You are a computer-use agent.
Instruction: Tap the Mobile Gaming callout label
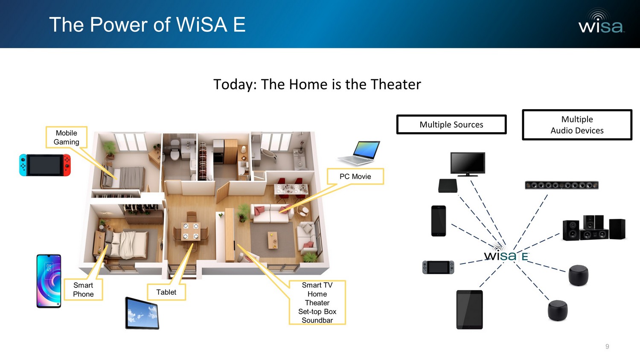67,137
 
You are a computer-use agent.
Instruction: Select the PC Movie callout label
355,177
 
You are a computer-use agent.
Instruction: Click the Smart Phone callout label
83,290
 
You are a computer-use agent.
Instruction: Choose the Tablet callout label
166,292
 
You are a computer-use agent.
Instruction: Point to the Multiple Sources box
451,125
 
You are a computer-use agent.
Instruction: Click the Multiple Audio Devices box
577,125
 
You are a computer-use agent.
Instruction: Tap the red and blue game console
45,165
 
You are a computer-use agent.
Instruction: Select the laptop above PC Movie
360,154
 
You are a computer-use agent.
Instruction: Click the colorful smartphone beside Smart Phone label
49,281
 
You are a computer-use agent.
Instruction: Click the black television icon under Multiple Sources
468,164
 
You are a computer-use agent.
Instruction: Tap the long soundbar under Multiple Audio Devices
561,185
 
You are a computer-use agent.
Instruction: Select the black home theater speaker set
593,228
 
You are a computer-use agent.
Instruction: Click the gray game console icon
438,267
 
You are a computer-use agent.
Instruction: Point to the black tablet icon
469,310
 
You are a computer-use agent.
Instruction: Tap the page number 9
607,346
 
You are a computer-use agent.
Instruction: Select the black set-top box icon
448,186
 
